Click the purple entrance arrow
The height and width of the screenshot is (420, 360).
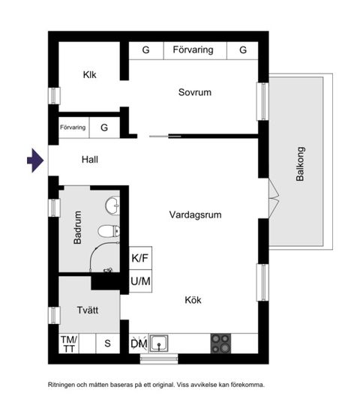[34, 160]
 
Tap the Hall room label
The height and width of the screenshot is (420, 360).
[90, 160]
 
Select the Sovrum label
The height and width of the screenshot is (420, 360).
[195, 93]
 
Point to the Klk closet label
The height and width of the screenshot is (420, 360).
[90, 75]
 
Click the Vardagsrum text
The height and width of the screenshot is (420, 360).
[195, 214]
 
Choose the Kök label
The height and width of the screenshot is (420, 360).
[193, 300]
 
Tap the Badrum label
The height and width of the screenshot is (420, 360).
[77, 231]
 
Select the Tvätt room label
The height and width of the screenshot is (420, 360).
[88, 310]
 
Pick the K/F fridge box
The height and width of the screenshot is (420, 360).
[141, 258]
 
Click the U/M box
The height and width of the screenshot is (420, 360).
[141, 282]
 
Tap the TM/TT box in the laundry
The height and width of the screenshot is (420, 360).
[68, 343]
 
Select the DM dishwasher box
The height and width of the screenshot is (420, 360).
[139, 343]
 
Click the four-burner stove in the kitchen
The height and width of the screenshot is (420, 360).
[221, 343]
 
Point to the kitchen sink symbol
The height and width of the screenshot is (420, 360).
[160, 343]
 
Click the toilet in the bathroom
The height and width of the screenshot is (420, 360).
[109, 231]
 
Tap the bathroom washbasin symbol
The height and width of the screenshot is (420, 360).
[112, 203]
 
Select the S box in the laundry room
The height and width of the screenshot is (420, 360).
[107, 343]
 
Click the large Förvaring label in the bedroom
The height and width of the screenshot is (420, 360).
[193, 50]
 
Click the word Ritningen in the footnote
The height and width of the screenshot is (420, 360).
[65, 384]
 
